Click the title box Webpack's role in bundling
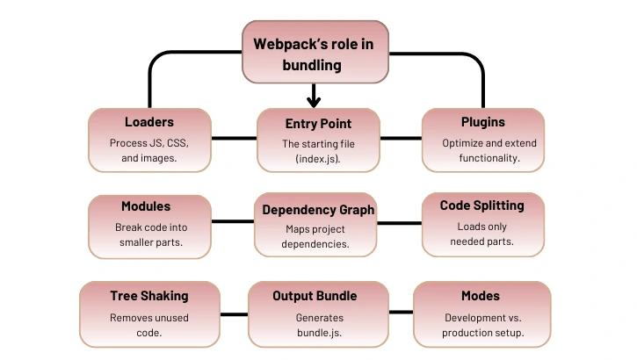pos(315,53)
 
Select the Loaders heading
pos(149,123)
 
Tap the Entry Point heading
pos(318,124)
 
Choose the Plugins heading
pos(482,123)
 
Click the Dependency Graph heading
pos(318,210)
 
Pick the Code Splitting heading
pos(481,205)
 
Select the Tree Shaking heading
pos(149,296)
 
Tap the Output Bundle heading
pos(315,296)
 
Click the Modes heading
pos(481,296)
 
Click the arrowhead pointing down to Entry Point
pos(314,101)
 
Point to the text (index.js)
pos(317,159)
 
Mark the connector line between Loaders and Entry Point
pos(234,138)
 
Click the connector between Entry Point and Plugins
pos(401,138)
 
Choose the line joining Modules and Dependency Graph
pos(234,221)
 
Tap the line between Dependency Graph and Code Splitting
pos(400,221)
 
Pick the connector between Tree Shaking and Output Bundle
pos(234,312)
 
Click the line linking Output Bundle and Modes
pos(401,312)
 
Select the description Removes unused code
pos(148,326)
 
